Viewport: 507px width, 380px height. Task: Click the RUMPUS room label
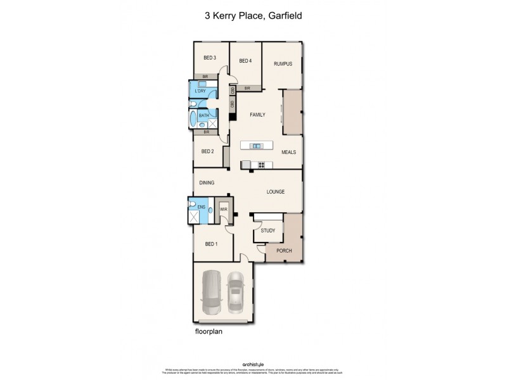point(282,63)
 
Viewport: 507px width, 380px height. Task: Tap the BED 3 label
point(210,58)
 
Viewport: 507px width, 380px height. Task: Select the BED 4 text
point(245,61)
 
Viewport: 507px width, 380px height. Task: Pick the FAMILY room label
point(257,115)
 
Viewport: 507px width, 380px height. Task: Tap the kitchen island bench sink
point(257,146)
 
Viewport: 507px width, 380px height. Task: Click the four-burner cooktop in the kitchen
point(260,165)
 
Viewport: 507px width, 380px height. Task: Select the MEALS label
point(289,152)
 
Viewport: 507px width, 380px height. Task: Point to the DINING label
point(207,183)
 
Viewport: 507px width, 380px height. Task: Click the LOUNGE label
point(275,192)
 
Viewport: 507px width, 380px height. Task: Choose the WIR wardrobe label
point(224,209)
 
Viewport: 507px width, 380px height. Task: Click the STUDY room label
point(268,231)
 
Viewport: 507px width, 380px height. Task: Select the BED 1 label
point(211,244)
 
